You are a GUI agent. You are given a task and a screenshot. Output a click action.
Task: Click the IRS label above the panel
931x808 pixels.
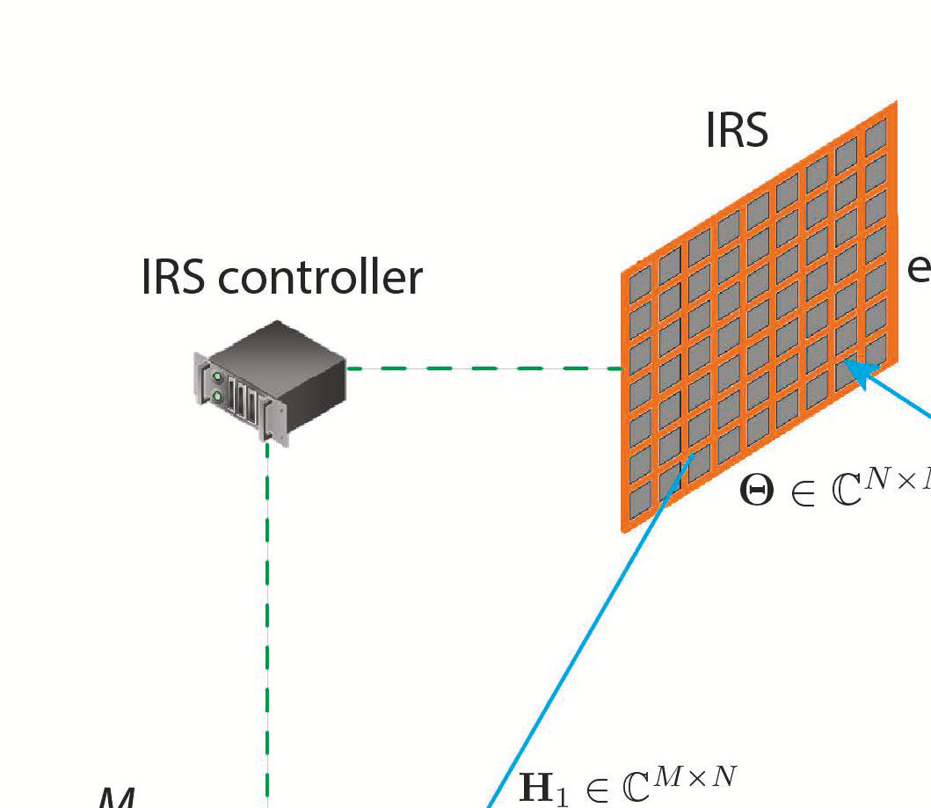pyautogui.click(x=737, y=130)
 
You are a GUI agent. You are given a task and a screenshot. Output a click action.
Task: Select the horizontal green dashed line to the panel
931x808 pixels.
pyautogui.click(x=484, y=369)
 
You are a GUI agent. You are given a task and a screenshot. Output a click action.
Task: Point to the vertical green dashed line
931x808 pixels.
pyautogui.click(x=267, y=615)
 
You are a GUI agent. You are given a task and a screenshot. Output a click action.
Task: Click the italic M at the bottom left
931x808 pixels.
pyautogui.click(x=114, y=798)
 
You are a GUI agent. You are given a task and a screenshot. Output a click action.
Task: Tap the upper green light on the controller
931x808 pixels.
pyautogui.click(x=216, y=377)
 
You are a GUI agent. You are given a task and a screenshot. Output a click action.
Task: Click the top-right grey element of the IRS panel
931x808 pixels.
pyautogui.click(x=876, y=137)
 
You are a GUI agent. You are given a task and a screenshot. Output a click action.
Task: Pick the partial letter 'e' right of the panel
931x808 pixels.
pyautogui.click(x=919, y=267)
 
